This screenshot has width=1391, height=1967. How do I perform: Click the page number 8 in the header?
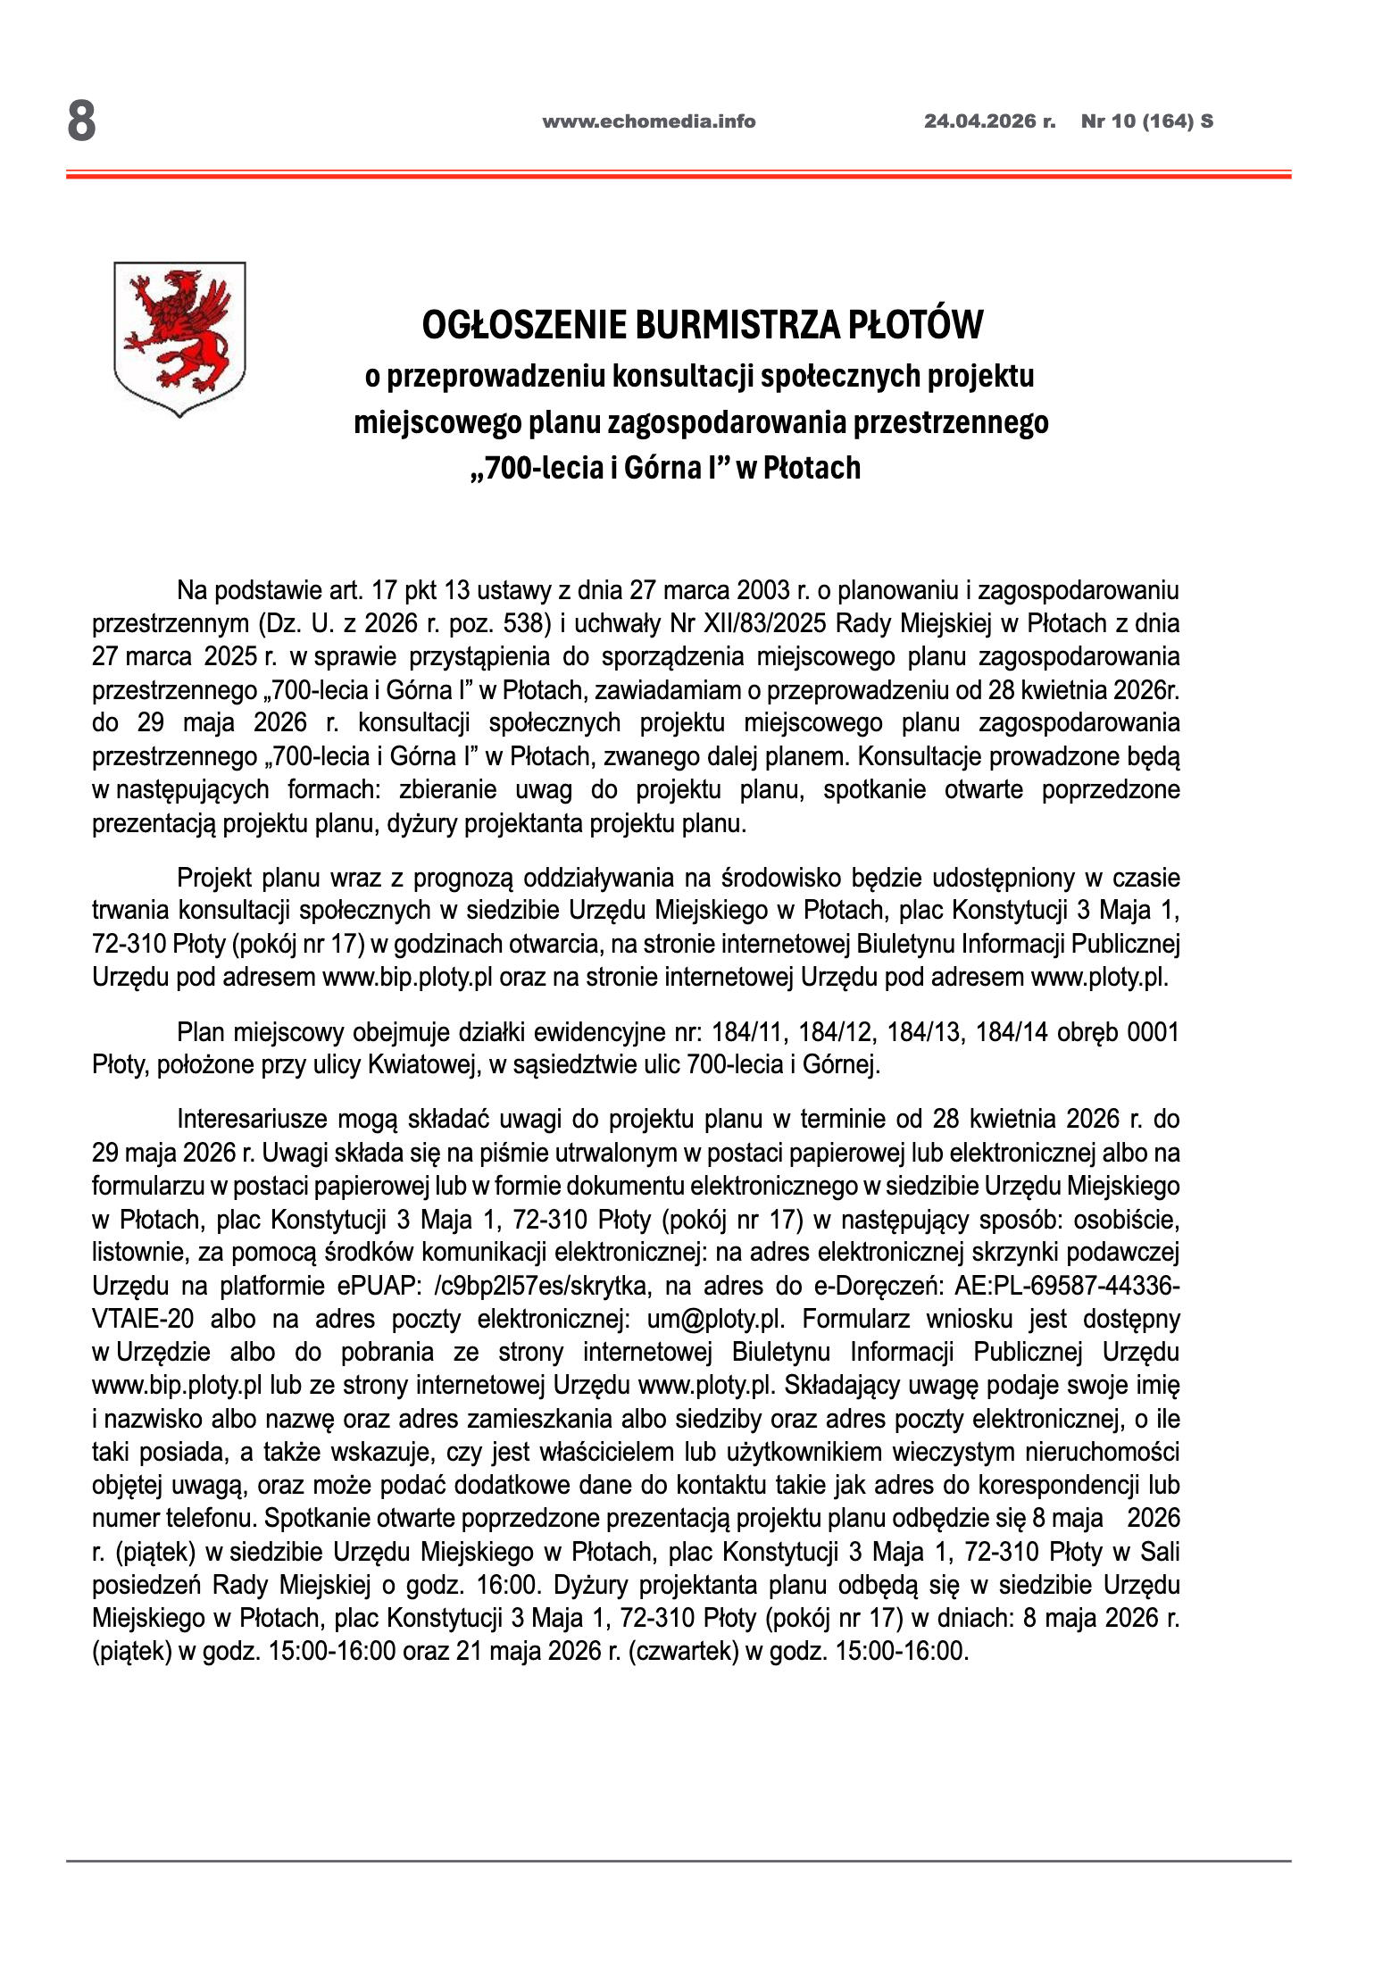(81, 121)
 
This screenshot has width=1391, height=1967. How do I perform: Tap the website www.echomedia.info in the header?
(648, 121)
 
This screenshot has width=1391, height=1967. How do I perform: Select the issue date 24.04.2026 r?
(988, 121)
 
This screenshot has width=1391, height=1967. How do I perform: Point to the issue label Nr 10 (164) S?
(1146, 121)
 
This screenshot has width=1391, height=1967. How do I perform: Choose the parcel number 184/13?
(922, 1032)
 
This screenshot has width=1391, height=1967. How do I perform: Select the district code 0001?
(1153, 1032)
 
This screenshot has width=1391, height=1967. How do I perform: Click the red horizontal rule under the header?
(679, 175)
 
